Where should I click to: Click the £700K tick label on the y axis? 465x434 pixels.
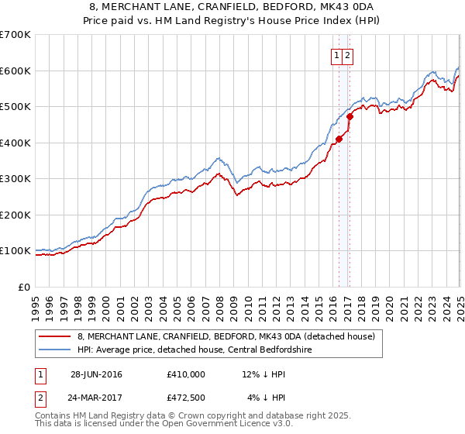pyautogui.click(x=15, y=35)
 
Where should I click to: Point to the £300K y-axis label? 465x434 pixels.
pyautogui.click(x=15, y=179)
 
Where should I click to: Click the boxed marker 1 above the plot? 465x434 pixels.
pyautogui.click(x=338, y=55)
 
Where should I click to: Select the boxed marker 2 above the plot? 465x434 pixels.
pyautogui.click(x=348, y=55)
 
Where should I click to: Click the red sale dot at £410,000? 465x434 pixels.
pyautogui.click(x=339, y=139)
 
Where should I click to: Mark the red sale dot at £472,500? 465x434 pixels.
pyautogui.click(x=350, y=117)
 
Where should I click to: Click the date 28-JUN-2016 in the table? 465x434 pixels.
pyautogui.click(x=96, y=374)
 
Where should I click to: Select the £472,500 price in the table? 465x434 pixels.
pyautogui.click(x=185, y=397)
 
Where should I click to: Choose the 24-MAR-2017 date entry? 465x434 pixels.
pyautogui.click(x=96, y=397)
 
